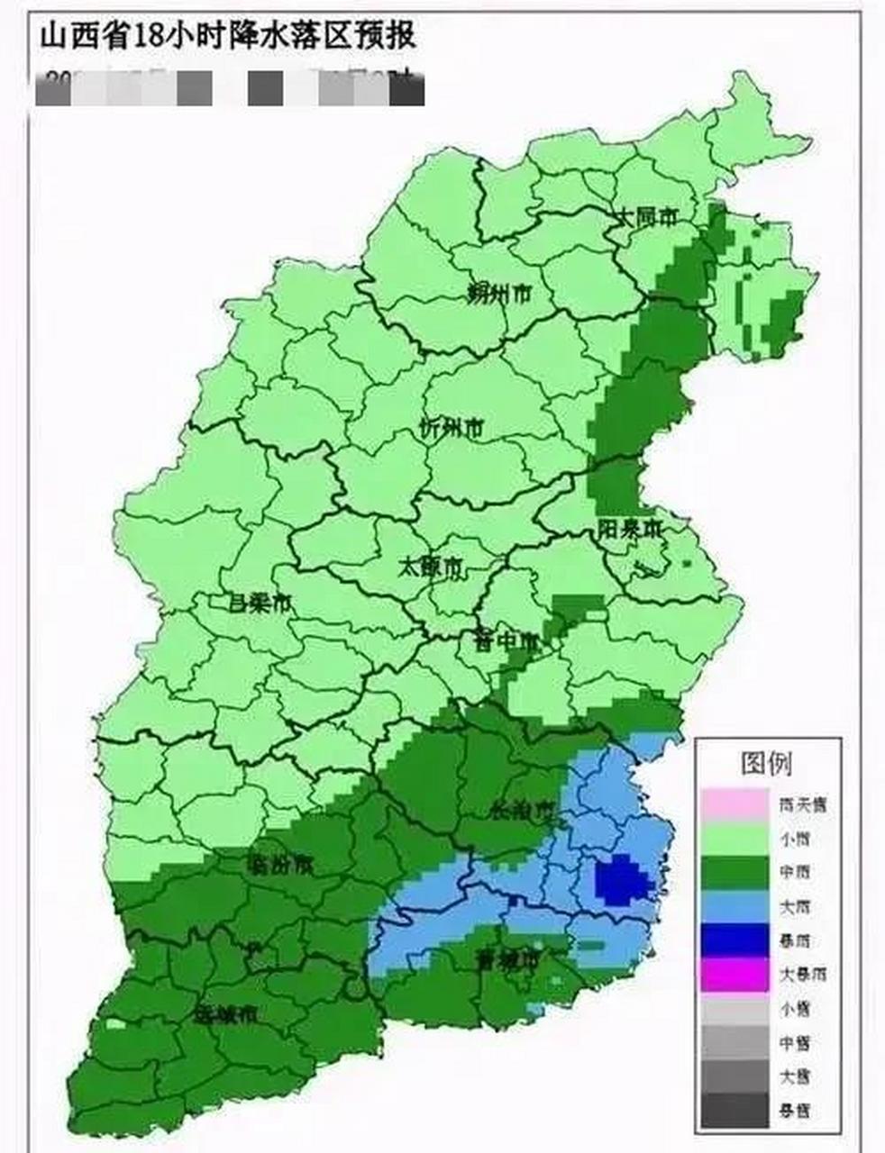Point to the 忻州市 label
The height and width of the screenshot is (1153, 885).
point(452,428)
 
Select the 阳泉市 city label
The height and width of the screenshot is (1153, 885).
point(629,529)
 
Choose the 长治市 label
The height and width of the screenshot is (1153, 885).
point(520,808)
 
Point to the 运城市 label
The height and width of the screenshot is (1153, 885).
point(226,1014)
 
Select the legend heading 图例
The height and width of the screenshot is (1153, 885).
point(766,763)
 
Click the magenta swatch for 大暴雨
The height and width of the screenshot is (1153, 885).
point(734,975)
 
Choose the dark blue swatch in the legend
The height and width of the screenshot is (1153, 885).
point(734,940)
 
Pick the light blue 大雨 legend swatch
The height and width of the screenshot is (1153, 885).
point(734,906)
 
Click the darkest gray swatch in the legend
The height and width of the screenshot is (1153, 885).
point(734,1111)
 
